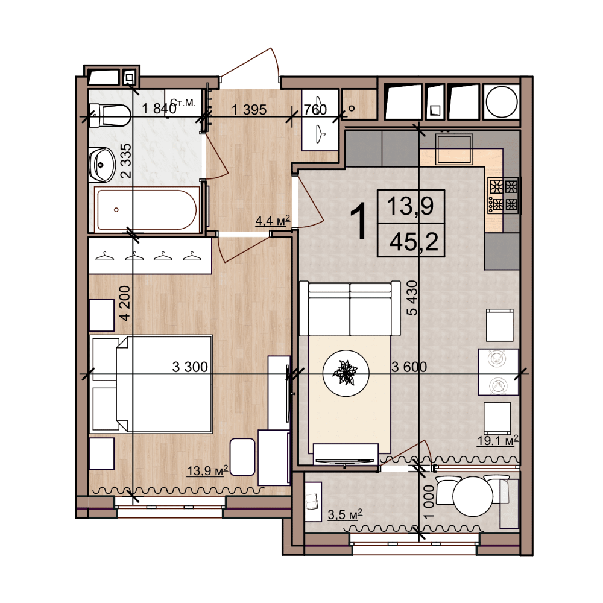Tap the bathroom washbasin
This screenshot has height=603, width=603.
[102, 165]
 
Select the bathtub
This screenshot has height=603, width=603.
[147, 210]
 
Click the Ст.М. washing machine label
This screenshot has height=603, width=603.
[183, 103]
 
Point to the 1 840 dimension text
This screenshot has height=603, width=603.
[159, 109]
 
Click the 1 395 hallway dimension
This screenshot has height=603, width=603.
[249, 110]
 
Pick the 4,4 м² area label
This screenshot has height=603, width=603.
[273, 220]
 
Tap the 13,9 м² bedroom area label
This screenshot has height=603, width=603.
[207, 470]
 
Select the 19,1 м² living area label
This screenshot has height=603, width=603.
[498, 440]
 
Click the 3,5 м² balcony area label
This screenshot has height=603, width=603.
[345, 514]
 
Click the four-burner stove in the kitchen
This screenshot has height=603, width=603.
[503, 196]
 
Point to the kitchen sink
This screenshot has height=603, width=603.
[454, 149]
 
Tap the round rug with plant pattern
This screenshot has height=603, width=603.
[346, 373]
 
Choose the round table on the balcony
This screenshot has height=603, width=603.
[473, 496]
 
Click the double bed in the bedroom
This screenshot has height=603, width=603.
[153, 384]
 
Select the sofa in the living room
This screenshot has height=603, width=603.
[350, 308]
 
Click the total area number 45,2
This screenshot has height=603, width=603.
[414, 242]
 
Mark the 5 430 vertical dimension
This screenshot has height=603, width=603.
[411, 298]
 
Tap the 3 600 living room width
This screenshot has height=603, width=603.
[409, 367]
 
